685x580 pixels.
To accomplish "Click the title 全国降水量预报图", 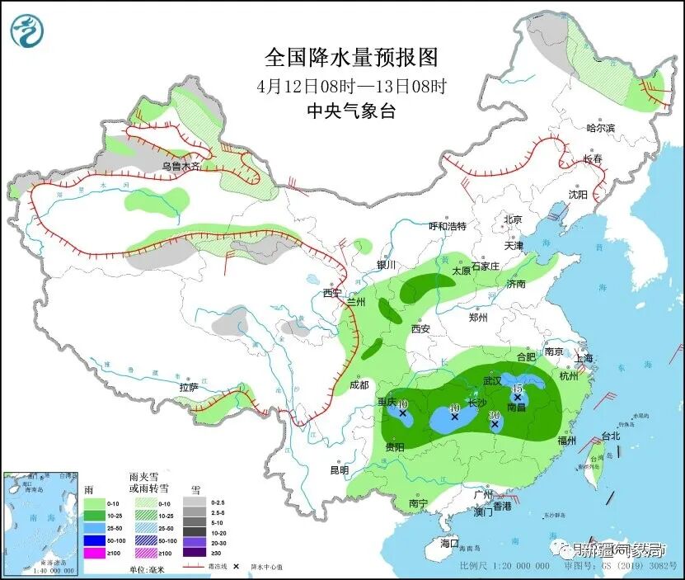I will (350, 58).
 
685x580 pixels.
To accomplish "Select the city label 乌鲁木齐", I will (181, 166).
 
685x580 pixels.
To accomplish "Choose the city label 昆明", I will (339, 470).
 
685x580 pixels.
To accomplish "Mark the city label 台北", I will (610, 436).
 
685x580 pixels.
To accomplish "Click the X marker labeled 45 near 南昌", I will (518, 397).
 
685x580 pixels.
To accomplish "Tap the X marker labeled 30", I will (495, 425).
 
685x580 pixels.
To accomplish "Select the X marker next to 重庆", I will (402, 413).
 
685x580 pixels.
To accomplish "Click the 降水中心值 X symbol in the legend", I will (237, 568).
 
